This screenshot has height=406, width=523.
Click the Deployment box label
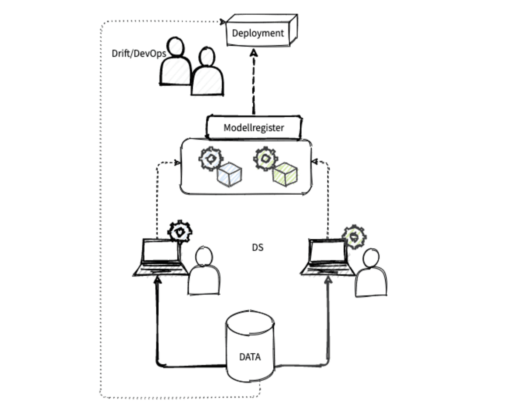point(258,33)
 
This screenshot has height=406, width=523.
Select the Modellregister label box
point(254,128)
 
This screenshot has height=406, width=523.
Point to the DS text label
point(258,247)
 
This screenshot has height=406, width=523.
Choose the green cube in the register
point(285,174)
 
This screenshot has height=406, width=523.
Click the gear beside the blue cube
point(211,159)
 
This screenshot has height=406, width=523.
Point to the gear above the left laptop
point(180,231)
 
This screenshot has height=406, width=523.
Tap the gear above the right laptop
point(354,237)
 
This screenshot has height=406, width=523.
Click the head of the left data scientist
point(204,257)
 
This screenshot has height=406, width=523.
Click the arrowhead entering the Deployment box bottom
point(254,52)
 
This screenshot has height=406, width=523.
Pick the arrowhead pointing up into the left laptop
point(158,280)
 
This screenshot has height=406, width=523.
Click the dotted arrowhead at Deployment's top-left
point(223,21)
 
